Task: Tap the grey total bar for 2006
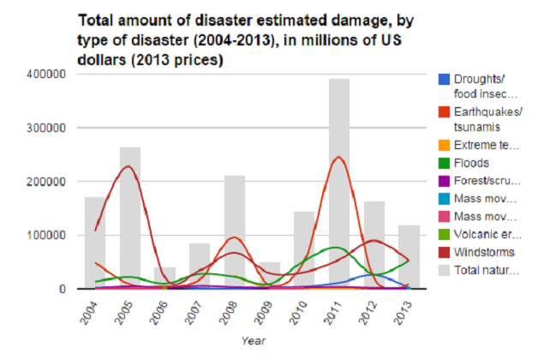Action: pyautogui.click(x=164, y=278)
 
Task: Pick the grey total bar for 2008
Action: pyautogui.click(x=235, y=231)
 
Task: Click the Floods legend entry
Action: pyautogui.click(x=470, y=162)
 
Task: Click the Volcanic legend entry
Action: pyautogui.click(x=484, y=234)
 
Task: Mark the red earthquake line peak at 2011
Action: pyautogui.click(x=338, y=157)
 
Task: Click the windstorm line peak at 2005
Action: pyautogui.click(x=129, y=165)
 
